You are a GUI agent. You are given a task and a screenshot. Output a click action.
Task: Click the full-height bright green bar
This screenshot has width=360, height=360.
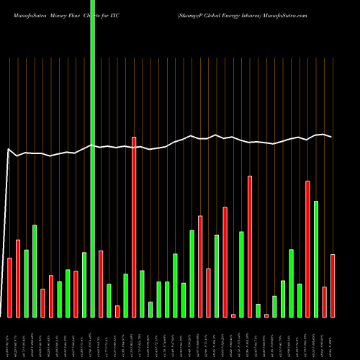(92, 158)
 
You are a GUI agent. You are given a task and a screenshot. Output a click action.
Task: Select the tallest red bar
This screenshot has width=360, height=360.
(134, 227)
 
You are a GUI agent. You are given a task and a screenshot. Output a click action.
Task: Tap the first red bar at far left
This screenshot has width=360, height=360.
(9, 287)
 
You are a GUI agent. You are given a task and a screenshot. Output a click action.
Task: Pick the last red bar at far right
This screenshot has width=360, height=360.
(333, 285)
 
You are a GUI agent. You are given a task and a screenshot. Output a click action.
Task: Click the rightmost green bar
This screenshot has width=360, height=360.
(316, 258)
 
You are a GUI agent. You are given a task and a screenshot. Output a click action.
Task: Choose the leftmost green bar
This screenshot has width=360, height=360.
(26, 283)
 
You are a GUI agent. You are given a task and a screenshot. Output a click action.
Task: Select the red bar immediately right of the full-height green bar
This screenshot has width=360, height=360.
(101, 284)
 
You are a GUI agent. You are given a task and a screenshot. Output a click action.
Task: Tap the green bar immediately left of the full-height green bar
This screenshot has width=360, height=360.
(84, 284)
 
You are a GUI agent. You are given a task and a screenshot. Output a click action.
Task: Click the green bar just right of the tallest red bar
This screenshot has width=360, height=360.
(142, 293)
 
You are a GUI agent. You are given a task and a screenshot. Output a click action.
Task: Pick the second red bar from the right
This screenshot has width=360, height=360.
(324, 302)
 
